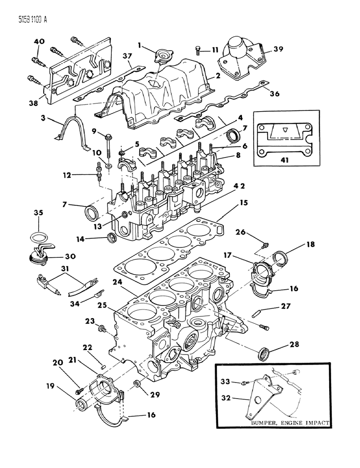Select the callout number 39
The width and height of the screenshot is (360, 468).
click(278, 49)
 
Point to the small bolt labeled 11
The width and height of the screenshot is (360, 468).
click(198, 50)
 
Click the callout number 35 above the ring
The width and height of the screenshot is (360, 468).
click(38, 213)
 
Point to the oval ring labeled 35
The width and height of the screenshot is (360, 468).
click(38, 238)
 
